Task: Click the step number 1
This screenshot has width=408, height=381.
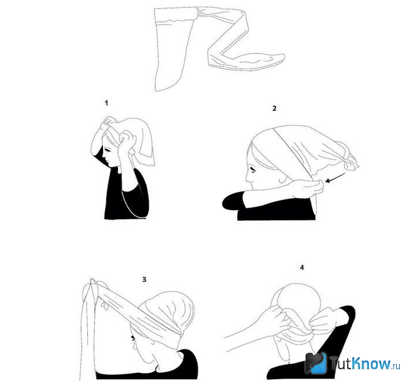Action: pyautogui.click(x=106, y=103)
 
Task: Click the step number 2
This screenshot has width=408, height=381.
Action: pyautogui.click(x=274, y=108)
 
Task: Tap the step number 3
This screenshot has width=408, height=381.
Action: pyautogui.click(x=144, y=280)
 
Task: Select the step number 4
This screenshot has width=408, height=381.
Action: pyautogui.click(x=302, y=268)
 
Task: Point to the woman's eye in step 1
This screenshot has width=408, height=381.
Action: pyautogui.click(x=107, y=150)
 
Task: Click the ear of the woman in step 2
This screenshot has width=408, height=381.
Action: pyautogui.click(x=282, y=179)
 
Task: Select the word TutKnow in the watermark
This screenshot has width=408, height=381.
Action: pyautogui.click(x=360, y=363)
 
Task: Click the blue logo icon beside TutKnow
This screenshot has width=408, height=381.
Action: pyautogui.click(x=316, y=363)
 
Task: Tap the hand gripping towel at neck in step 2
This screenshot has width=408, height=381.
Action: pyautogui.click(x=312, y=187)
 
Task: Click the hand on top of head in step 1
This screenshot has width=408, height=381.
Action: pyautogui.click(x=110, y=122)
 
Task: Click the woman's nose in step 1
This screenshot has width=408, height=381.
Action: pyautogui.click(x=103, y=158)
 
